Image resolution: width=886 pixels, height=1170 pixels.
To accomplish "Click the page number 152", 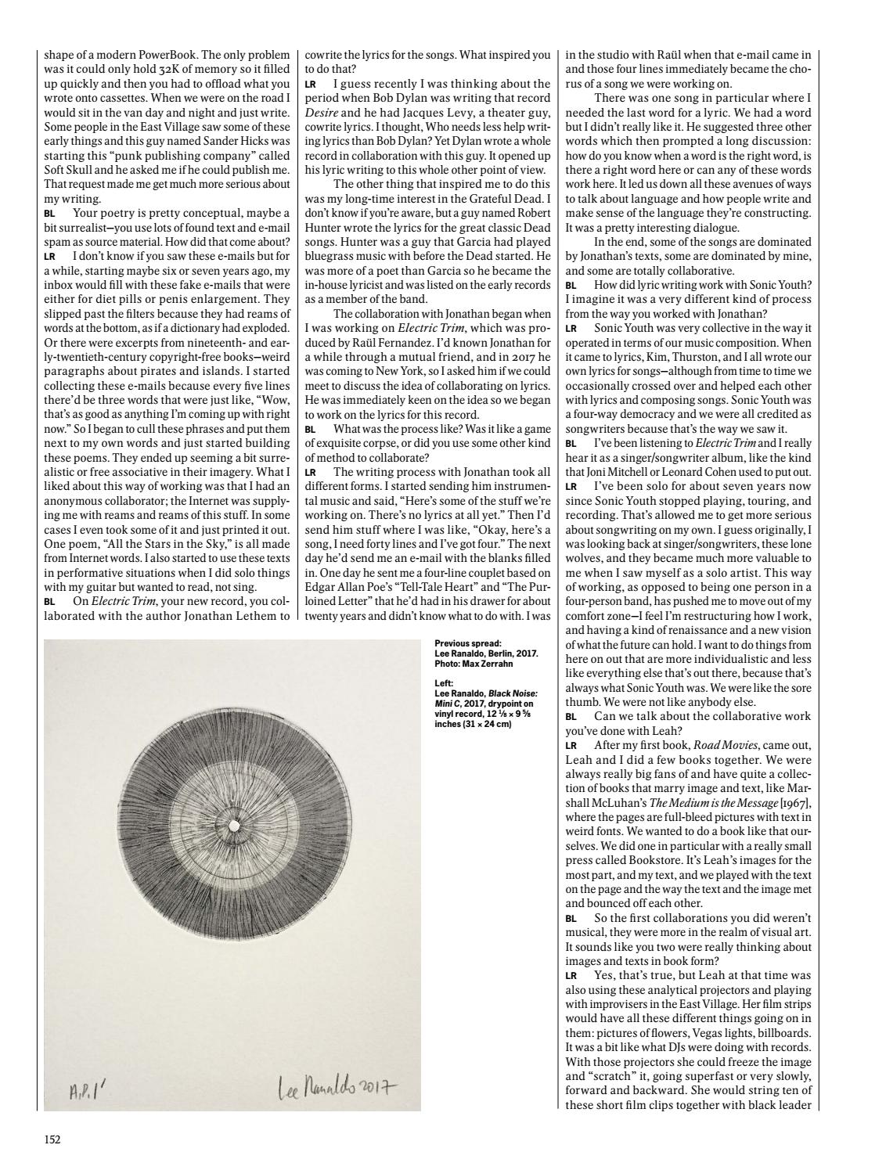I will pyautogui.click(x=52, y=1139).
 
